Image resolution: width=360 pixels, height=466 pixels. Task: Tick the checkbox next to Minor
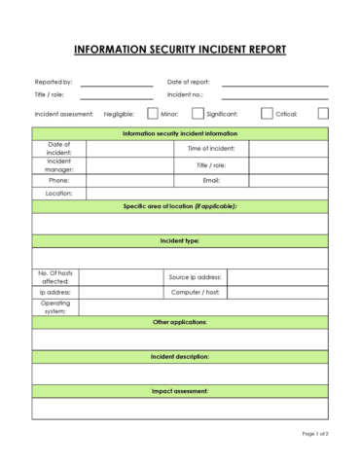point(198,114)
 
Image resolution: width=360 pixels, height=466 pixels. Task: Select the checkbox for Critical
point(323,114)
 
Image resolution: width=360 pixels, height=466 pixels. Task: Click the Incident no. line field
point(274,95)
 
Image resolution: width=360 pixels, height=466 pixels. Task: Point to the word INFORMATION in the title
point(109,49)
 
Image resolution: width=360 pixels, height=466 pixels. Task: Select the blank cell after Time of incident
point(288,149)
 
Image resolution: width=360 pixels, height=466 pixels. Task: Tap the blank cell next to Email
point(288,180)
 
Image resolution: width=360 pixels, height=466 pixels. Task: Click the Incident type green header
point(180,239)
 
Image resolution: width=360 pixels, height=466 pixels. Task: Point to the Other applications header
point(180,321)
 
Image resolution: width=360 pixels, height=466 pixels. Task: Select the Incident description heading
point(180,356)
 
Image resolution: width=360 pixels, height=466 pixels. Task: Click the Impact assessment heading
point(180,391)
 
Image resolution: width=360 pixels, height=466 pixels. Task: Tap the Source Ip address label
point(196,277)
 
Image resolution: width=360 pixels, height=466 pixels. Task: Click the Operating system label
point(55,306)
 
